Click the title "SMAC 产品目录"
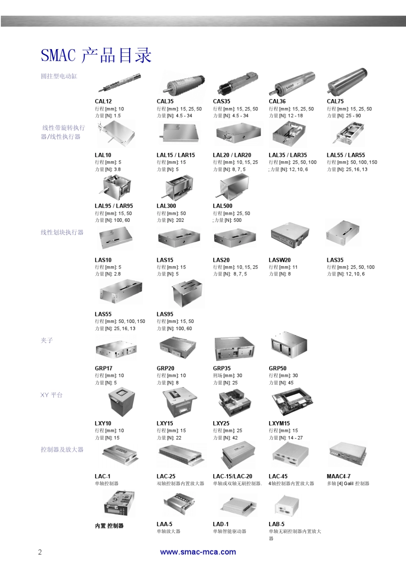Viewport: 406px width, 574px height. tap(96, 56)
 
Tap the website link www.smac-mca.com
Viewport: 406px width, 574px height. tap(198, 552)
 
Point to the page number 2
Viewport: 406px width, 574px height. tap(40, 552)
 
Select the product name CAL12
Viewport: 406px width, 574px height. tap(103, 102)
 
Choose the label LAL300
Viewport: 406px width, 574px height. tap(166, 206)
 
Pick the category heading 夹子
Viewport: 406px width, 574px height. tap(47, 340)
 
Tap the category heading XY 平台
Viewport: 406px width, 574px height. tap(51, 395)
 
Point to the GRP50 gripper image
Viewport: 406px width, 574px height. tap(289, 346)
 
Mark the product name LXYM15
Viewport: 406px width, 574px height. tap(279, 424)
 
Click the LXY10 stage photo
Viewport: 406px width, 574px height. tap(121, 403)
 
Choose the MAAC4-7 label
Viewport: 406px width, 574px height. tap(338, 477)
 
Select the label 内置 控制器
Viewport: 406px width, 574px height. tap(109, 526)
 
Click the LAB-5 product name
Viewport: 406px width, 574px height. tap(277, 524)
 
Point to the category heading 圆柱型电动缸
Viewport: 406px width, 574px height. tap(59, 76)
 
